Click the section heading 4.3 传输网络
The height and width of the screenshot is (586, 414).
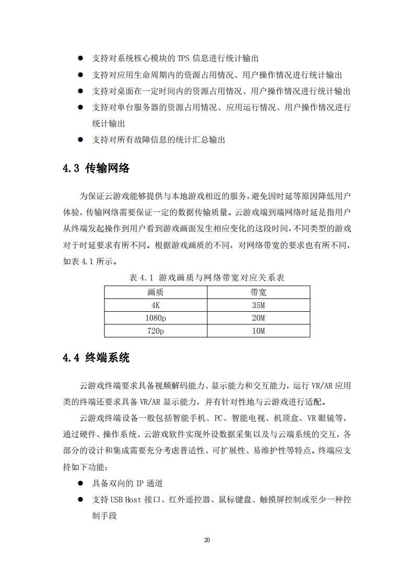tap(96, 169)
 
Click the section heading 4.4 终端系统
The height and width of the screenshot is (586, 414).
tap(96, 358)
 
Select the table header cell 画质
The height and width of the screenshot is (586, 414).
tap(156, 292)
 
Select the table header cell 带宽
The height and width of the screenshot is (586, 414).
tap(258, 292)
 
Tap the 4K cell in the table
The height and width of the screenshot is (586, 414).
tap(156, 306)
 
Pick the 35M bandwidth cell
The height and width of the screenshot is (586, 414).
tap(258, 306)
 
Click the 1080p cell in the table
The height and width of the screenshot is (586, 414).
tap(156, 318)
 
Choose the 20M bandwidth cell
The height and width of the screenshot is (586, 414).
tap(258, 318)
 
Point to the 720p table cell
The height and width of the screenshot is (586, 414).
tap(156, 331)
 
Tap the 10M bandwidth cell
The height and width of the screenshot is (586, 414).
tap(258, 331)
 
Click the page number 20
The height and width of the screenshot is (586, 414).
tap(207, 540)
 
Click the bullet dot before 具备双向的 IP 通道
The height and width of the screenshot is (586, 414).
tap(80, 483)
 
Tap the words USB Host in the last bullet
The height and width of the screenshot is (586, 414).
tap(126, 500)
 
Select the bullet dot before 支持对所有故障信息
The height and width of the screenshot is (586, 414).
tap(80, 139)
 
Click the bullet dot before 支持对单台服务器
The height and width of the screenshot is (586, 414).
tap(80, 107)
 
